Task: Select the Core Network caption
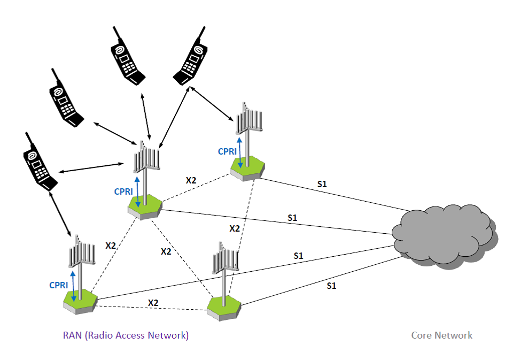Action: [441, 335]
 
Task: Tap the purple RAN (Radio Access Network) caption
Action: [126, 335]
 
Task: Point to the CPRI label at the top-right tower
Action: [227, 151]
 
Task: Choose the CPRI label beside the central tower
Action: [124, 191]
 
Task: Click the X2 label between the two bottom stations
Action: [153, 302]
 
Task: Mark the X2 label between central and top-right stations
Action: [191, 180]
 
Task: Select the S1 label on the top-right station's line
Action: [322, 184]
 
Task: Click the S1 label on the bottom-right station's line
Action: [331, 286]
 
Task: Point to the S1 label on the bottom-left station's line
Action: [298, 256]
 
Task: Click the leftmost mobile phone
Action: [38, 163]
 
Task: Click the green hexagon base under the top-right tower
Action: [249, 167]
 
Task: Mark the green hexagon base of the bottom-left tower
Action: [80, 302]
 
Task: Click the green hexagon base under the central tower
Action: [145, 205]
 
